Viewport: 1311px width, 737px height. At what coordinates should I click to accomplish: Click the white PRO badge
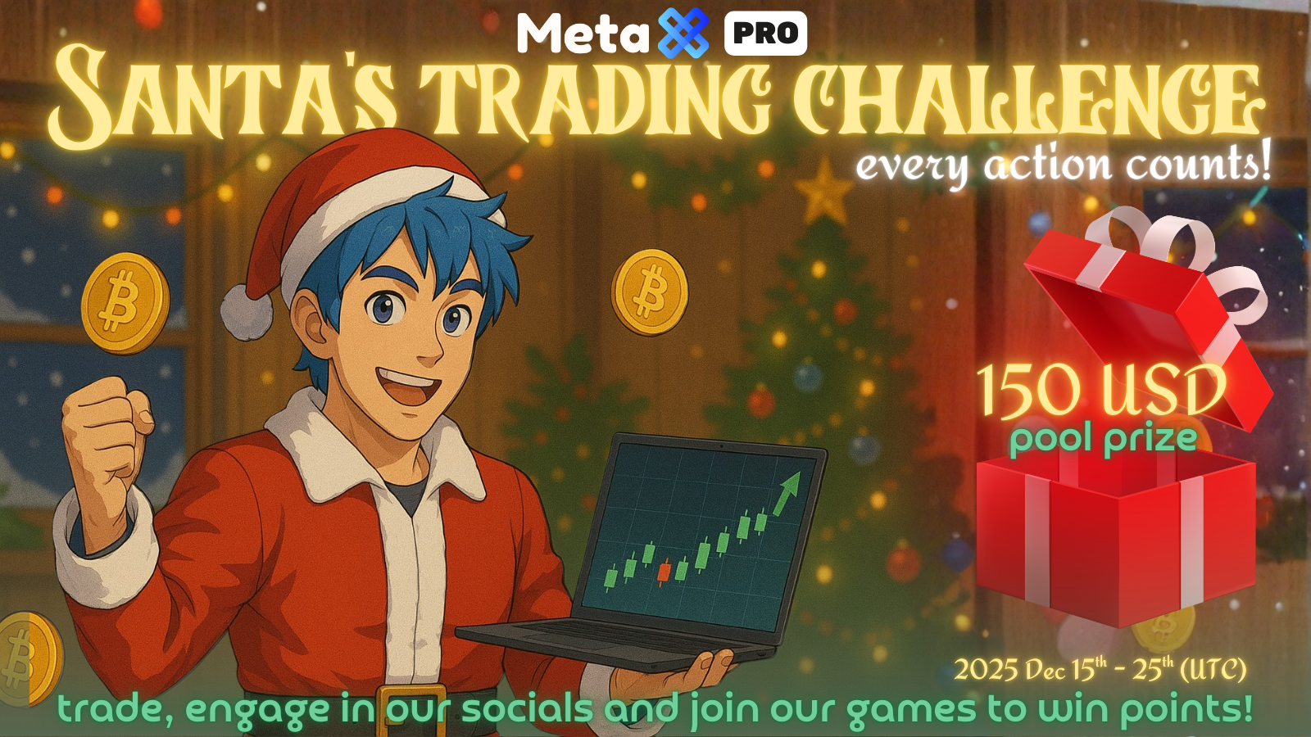coord(765,34)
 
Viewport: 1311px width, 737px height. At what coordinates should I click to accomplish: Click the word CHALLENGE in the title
coord(1028,102)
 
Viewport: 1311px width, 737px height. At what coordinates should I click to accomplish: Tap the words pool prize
coord(1103,439)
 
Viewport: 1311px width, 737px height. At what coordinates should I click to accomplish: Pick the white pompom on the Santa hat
coord(246,311)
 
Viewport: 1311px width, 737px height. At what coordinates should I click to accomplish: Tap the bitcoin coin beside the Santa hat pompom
coord(125,303)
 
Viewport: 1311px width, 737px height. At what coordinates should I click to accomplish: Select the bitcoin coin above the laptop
coord(650,292)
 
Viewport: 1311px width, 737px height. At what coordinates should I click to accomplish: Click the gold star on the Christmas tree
coord(823,192)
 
